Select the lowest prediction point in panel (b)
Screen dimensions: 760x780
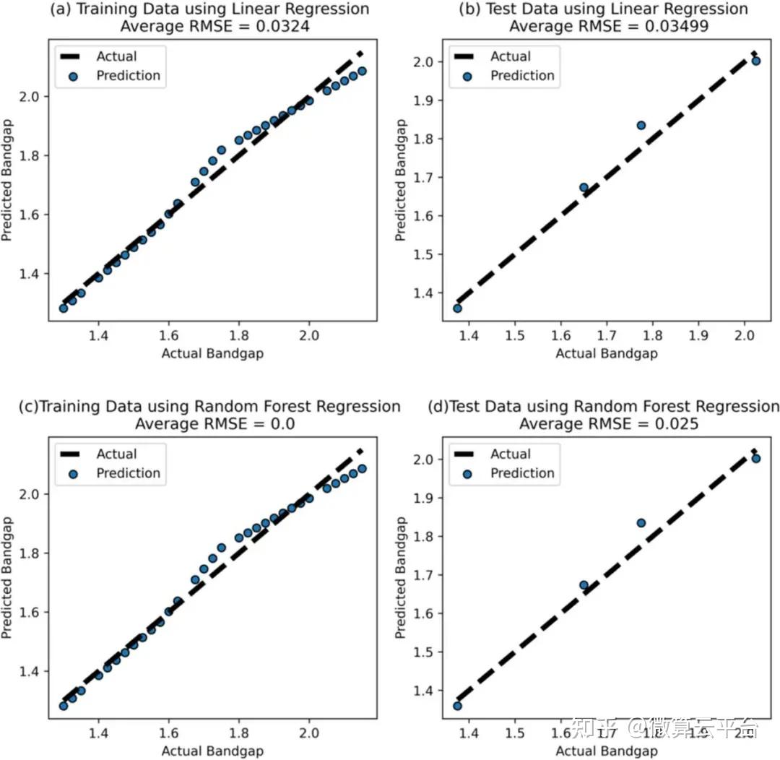point(457,308)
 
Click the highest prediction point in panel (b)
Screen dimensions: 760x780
point(756,61)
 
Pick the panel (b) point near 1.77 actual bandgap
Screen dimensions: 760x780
point(641,125)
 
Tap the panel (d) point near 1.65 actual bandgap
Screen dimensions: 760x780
point(584,585)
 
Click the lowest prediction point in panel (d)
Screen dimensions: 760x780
point(457,706)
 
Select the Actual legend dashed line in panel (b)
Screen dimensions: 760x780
point(466,56)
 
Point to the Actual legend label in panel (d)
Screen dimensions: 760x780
point(511,454)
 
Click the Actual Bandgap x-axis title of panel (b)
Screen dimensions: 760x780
point(607,353)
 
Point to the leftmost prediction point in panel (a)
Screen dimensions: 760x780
point(64,308)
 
